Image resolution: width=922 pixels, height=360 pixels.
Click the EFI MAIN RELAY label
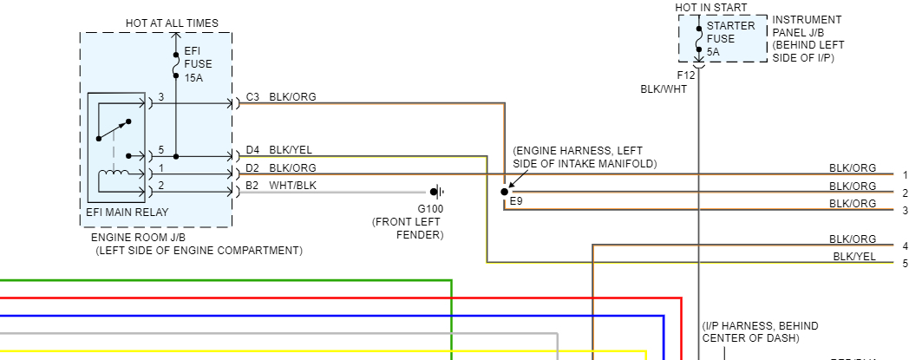pyautogui.click(x=127, y=213)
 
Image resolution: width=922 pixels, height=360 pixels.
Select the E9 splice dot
pyautogui.click(x=504, y=191)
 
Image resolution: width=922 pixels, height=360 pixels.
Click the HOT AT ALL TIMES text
pyautogui.click(x=173, y=23)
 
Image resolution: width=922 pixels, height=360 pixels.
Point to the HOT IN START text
pyautogui.click(x=709, y=8)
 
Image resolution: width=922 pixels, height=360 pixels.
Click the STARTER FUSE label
pyautogui.click(x=730, y=32)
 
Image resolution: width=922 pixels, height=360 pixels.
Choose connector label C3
pyautogui.click(x=252, y=97)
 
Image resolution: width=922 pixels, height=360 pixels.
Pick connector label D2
pyautogui.click(x=252, y=168)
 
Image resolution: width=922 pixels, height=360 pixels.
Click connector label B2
pyautogui.click(x=252, y=185)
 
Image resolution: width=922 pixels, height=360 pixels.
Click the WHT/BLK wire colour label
pyautogui.click(x=292, y=185)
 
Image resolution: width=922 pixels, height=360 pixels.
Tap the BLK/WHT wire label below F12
pyautogui.click(x=664, y=88)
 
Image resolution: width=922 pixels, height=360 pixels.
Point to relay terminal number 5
pyautogui.click(x=160, y=150)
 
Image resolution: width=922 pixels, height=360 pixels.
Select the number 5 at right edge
pyautogui.click(x=905, y=263)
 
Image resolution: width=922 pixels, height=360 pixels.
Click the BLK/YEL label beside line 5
pyautogui.click(x=854, y=256)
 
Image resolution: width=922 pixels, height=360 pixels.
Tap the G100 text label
pyautogui.click(x=430, y=209)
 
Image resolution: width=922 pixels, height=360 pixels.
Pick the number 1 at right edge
pyautogui.click(x=905, y=175)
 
